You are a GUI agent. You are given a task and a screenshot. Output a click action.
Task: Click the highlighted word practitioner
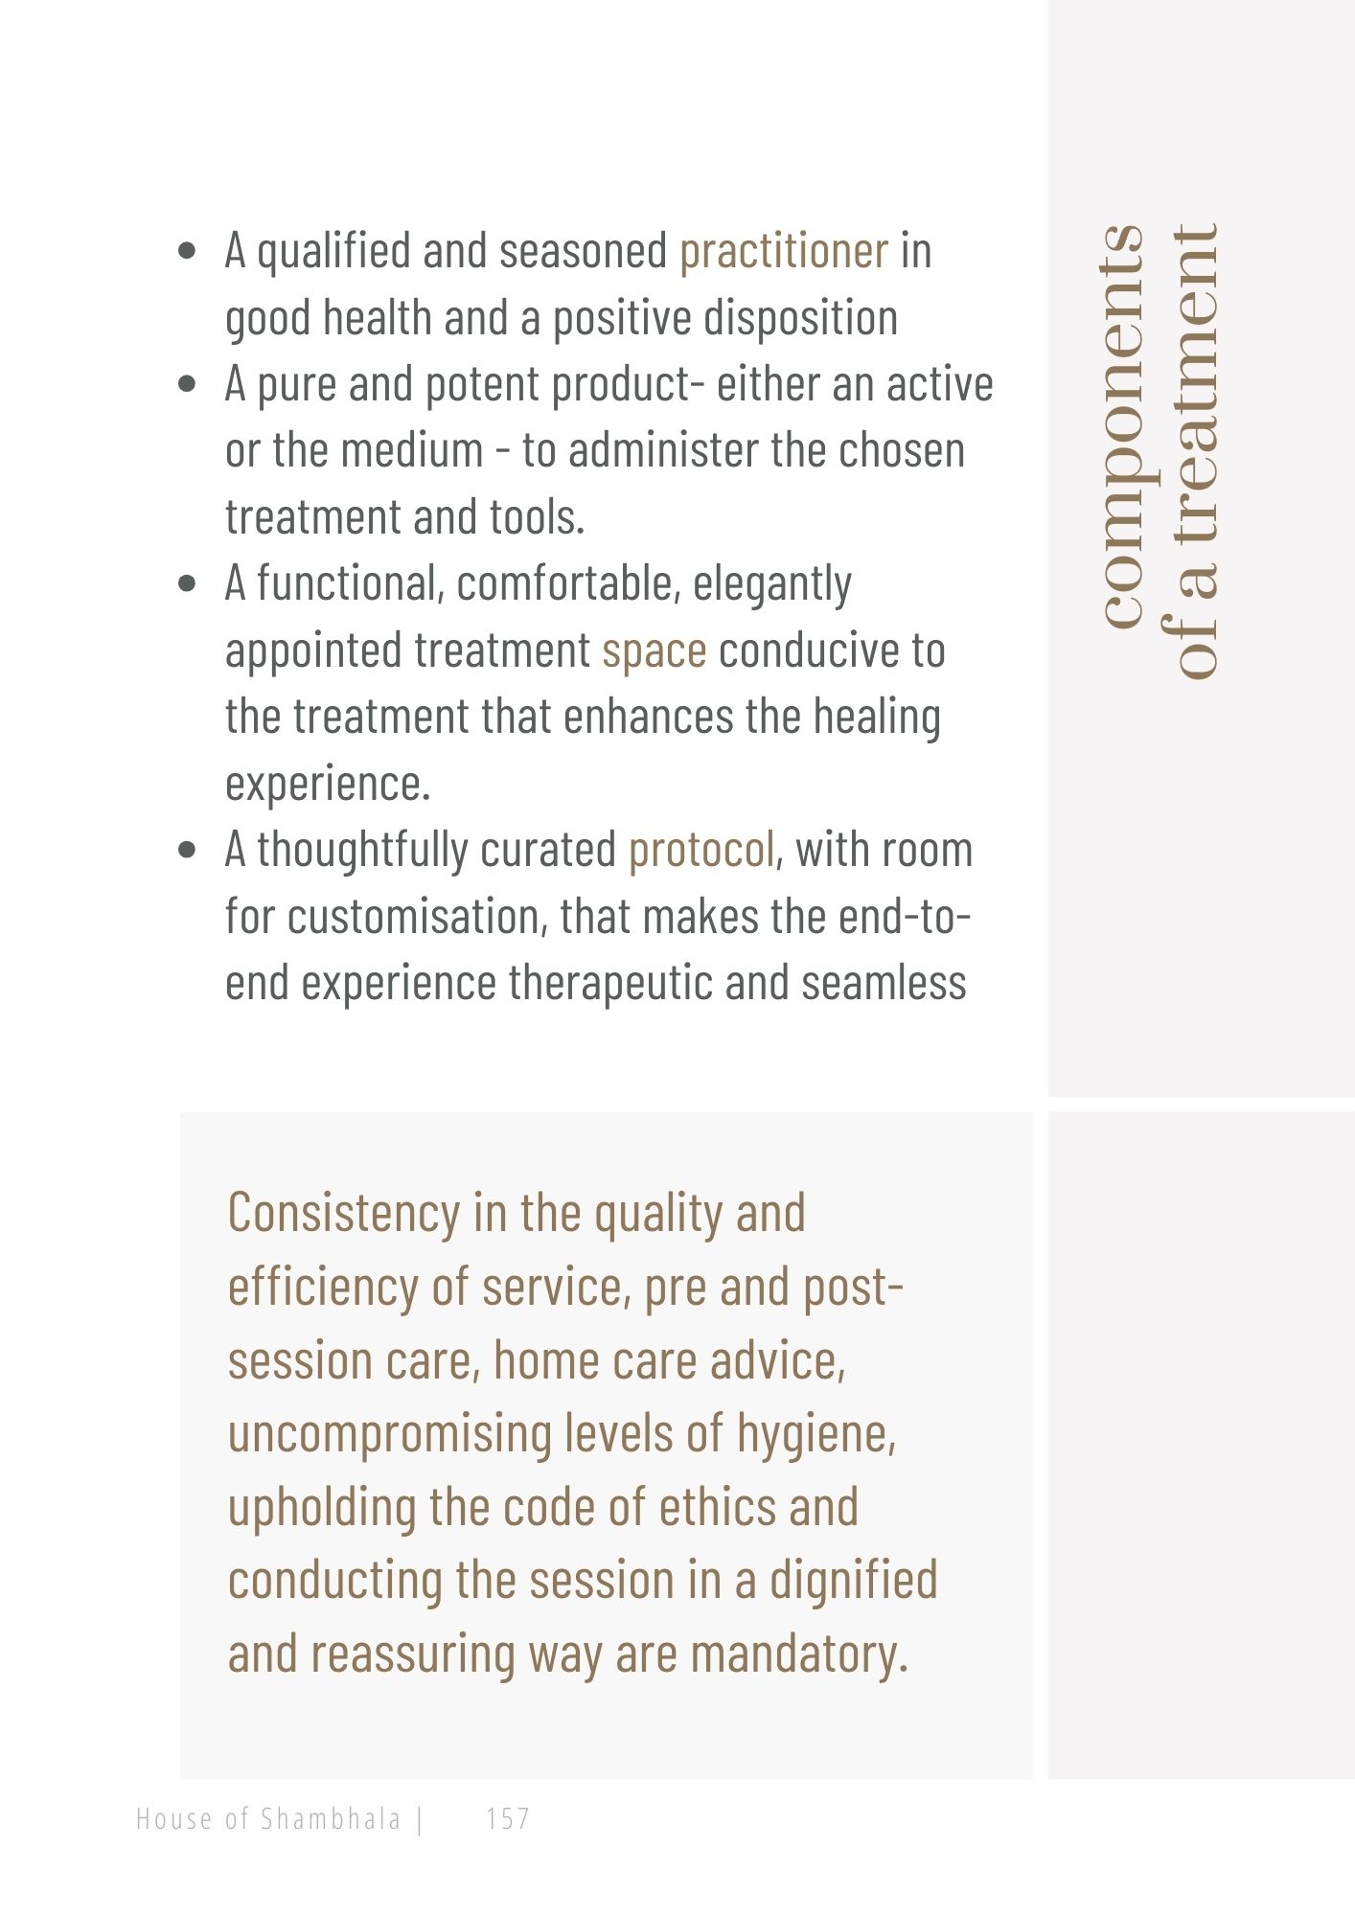tap(783, 251)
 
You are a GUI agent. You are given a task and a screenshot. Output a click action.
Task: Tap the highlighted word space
tap(654, 650)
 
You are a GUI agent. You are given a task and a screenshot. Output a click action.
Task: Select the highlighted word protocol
tap(700, 850)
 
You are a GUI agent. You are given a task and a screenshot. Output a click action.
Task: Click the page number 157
tap(508, 1818)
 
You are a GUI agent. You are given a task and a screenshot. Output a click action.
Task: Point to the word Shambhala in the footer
tap(331, 1818)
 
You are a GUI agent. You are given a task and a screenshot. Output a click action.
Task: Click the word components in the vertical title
tap(1123, 426)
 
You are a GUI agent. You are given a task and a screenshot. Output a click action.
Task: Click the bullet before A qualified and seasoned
tap(188, 252)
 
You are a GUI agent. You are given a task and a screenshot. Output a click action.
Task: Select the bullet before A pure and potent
tap(188, 385)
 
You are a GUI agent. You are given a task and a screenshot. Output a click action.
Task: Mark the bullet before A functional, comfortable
tap(188, 584)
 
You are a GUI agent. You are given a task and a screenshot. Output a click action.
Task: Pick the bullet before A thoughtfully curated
tap(188, 851)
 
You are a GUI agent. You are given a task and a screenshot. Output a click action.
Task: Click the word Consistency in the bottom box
tap(344, 1214)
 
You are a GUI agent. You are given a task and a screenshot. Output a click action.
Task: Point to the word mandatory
tap(798, 1654)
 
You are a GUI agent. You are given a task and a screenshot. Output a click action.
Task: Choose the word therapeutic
tap(610, 984)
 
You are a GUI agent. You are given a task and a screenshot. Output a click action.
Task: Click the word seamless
tap(884, 984)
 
